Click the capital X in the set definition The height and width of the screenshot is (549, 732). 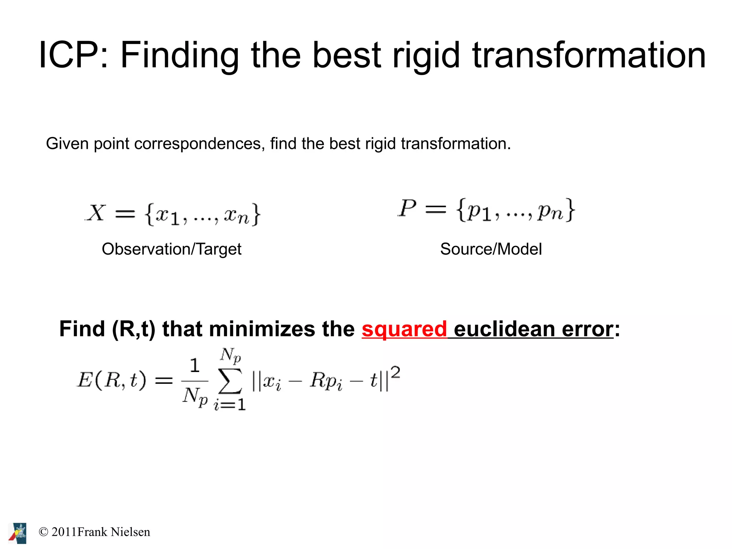96,213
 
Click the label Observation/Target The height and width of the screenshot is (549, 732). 172,249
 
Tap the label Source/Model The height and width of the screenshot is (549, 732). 491,249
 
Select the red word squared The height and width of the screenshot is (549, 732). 404,329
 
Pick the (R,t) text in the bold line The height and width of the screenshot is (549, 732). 134,329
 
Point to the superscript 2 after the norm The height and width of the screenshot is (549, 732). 395,373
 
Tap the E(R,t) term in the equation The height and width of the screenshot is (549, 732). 112,380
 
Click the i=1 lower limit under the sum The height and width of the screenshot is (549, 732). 230,405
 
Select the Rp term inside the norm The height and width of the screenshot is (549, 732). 326,381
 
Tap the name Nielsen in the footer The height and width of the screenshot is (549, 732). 130,532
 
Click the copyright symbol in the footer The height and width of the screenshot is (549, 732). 43,532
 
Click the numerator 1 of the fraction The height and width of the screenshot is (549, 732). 194,366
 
